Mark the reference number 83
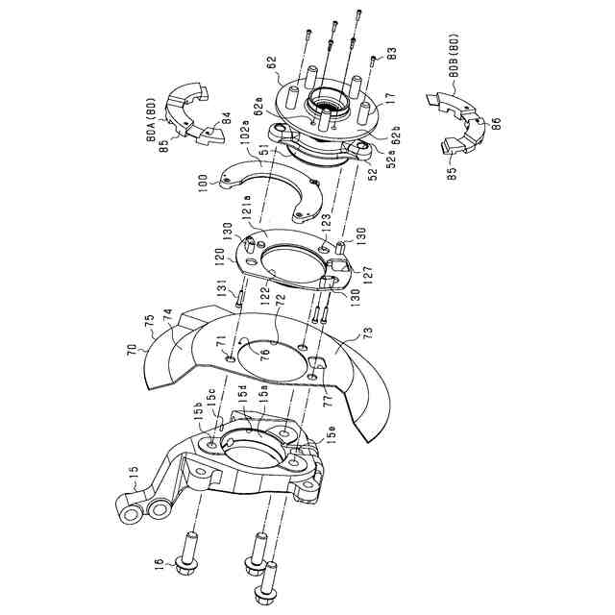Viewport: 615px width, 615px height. tap(392, 56)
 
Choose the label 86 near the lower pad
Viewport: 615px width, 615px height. tap(496, 125)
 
